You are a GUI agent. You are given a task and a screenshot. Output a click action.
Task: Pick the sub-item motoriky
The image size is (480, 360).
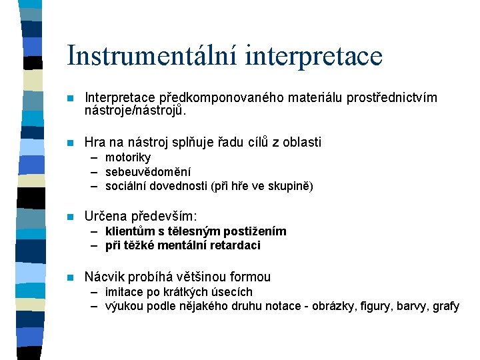(x=128, y=157)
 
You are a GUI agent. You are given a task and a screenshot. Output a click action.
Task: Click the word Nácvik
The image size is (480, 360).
(x=105, y=277)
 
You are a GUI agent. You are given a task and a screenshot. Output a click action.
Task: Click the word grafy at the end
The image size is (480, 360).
(x=445, y=307)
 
